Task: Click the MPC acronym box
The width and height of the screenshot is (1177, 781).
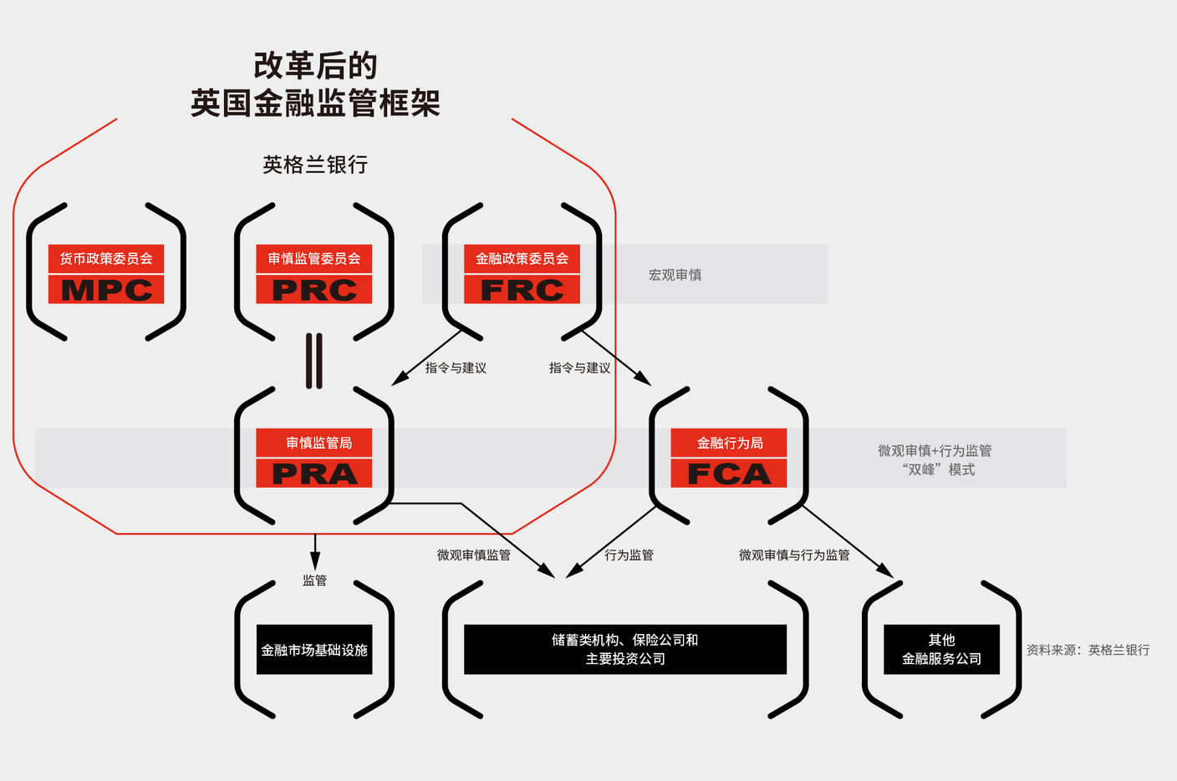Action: [106, 290]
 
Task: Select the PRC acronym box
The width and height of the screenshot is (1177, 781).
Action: [314, 290]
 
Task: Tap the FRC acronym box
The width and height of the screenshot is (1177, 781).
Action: [522, 290]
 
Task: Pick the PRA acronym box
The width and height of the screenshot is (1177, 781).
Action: [314, 474]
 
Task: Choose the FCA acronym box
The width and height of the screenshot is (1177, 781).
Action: [729, 474]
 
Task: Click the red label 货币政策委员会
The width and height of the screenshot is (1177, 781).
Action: [106, 259]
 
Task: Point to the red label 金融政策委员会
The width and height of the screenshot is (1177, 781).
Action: [522, 259]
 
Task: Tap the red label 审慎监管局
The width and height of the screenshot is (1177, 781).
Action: [314, 443]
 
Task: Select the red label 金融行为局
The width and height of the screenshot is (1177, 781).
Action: [729, 443]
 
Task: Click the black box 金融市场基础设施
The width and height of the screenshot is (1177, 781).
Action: [314, 650]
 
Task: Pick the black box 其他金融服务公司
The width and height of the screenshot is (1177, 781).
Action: [941, 649]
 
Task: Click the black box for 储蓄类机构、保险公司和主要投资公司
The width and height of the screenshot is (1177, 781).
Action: [625, 649]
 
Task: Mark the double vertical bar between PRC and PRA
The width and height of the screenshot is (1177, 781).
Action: [314, 361]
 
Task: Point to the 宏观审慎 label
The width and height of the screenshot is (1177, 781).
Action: [675, 275]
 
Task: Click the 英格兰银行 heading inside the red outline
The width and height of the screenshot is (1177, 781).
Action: [315, 165]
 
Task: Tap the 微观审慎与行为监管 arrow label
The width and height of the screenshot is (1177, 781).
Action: [794, 555]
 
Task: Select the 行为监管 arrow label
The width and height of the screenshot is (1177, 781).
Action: [629, 555]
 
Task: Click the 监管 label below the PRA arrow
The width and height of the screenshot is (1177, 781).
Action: [314, 580]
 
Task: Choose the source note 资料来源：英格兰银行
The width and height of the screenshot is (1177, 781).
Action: [1088, 650]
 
